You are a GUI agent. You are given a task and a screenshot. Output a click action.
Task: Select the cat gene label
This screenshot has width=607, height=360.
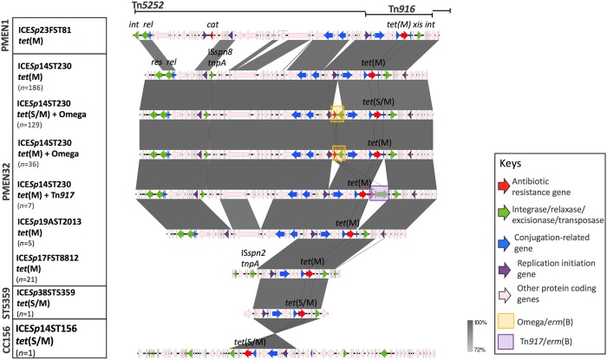point(213,25)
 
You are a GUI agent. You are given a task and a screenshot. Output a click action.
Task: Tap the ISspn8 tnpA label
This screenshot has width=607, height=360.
point(218,56)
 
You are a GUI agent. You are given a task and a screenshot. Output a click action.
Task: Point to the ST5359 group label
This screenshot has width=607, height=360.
point(7,302)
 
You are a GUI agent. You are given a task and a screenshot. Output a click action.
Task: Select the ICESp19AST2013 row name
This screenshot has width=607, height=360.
point(55,222)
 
